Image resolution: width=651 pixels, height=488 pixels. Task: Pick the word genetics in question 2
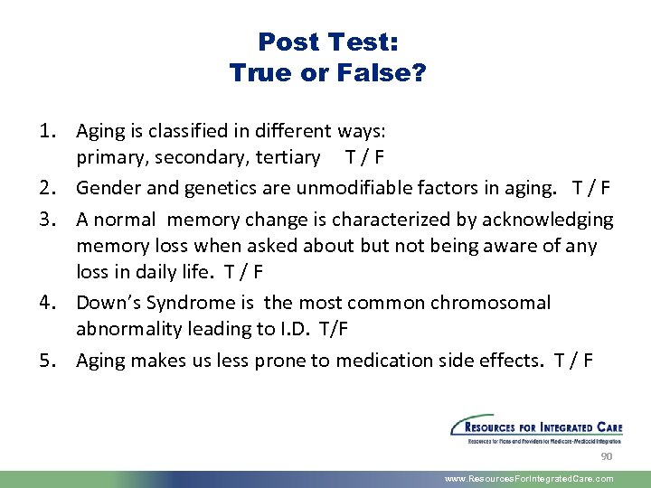point(208,189)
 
